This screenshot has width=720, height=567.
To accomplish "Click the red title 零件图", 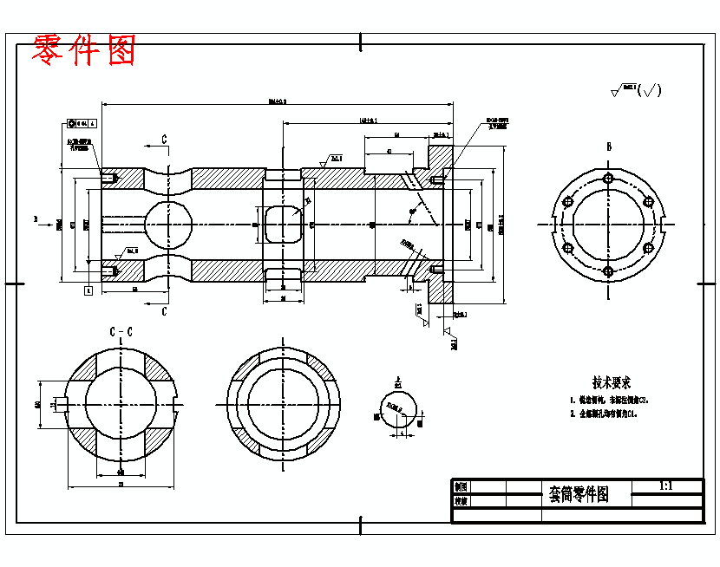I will coord(84,51).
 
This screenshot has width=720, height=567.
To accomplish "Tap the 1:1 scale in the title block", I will coord(666,486).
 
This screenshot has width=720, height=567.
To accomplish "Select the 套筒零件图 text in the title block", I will coord(579,494).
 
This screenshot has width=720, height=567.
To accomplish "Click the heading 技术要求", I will coord(611,382).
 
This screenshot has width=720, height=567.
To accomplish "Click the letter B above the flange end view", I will coord(609,147).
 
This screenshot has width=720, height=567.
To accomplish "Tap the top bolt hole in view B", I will coord(608,179).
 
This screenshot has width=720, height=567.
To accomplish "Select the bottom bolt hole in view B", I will coord(608,271).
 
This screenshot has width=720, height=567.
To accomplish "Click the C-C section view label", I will coord(121,331).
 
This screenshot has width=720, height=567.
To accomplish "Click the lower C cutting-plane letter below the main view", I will coord(164,312).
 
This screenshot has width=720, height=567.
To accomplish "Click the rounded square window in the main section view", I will coord(283,225).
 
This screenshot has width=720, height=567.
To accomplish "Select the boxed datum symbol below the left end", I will coord(88,290).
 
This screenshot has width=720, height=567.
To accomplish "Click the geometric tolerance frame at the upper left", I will coord(83,124).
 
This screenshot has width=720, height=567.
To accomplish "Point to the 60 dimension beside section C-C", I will coord(38,404).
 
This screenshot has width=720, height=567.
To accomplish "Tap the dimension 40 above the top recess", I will coord(389,152).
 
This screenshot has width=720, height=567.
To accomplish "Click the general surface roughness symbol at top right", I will coord(638,90).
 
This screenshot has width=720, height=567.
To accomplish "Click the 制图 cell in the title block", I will coord(461,487).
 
